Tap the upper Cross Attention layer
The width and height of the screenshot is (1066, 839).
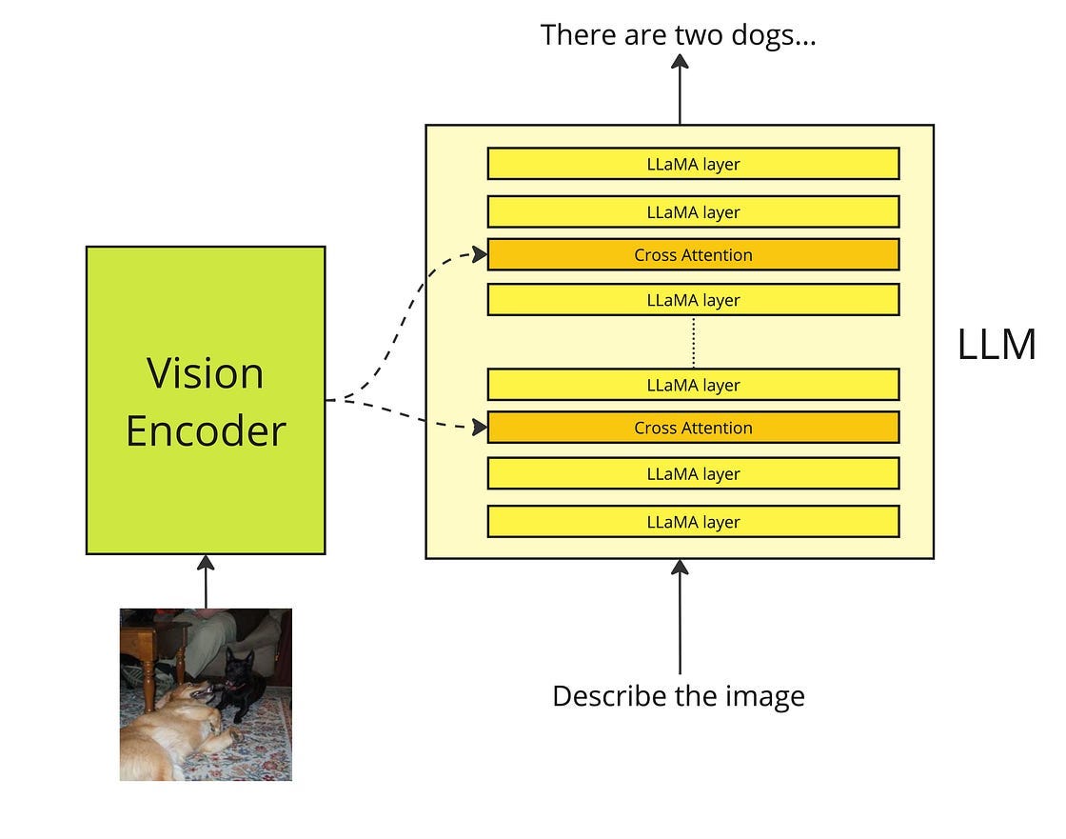pyautogui.click(x=693, y=255)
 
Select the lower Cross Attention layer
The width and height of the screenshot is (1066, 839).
pyautogui.click(x=693, y=428)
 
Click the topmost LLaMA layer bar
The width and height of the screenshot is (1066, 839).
pyautogui.click(x=693, y=164)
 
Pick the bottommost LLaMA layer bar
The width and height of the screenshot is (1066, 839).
pyautogui.click(x=693, y=522)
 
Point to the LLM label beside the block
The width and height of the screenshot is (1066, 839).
pyautogui.click(x=996, y=345)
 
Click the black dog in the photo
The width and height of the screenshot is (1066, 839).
pyautogui.click(x=239, y=680)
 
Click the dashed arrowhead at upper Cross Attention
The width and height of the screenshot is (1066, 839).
pyautogui.click(x=479, y=254)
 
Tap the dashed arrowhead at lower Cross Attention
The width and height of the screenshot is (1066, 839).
pyautogui.click(x=479, y=429)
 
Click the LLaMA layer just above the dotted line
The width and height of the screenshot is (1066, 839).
pyautogui.click(x=693, y=300)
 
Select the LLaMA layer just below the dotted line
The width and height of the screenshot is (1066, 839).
pyautogui.click(x=693, y=385)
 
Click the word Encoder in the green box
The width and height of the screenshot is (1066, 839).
pyautogui.click(x=206, y=431)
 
